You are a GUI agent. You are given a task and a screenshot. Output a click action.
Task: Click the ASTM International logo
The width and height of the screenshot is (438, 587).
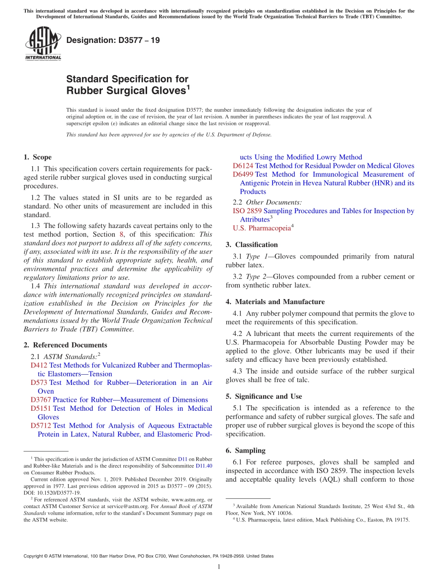(43, 43)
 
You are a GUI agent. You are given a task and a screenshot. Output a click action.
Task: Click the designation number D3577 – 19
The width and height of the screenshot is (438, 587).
(113, 40)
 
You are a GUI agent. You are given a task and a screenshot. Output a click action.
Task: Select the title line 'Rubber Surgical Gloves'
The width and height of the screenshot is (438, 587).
(126, 91)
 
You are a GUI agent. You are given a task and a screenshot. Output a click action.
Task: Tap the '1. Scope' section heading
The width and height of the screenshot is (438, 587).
(37, 157)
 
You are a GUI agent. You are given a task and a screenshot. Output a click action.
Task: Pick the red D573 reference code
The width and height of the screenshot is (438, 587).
(39, 383)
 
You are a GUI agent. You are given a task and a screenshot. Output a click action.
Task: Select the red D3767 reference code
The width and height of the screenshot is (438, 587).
(41, 400)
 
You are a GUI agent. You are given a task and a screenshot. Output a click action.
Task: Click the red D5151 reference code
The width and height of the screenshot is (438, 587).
(41, 408)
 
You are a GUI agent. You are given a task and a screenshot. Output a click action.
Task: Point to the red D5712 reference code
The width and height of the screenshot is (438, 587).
(41, 425)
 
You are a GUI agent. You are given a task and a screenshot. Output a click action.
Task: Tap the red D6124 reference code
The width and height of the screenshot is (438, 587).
(243, 166)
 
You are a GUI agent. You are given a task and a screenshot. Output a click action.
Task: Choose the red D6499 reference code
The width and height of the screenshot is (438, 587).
(243, 174)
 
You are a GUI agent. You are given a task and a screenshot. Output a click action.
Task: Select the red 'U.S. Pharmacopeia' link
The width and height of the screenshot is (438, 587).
(261, 228)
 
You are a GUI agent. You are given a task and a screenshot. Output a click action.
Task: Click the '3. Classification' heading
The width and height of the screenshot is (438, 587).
(252, 245)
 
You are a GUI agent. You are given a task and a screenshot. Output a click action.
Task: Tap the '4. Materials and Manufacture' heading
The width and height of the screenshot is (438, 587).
(275, 302)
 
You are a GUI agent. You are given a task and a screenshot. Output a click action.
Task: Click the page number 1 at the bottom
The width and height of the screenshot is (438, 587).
(219, 567)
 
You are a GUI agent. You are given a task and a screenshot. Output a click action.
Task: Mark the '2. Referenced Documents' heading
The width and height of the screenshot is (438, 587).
(65, 345)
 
